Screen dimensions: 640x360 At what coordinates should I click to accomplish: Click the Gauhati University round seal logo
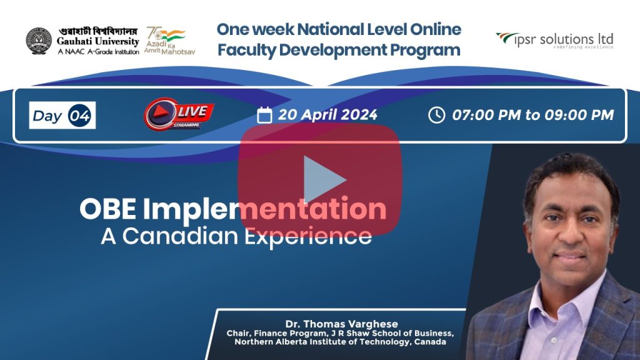pyautogui.click(x=39, y=41)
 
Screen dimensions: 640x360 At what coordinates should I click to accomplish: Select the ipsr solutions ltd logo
pyautogui.click(x=555, y=41)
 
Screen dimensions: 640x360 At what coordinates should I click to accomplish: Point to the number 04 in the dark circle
pyautogui.click(x=79, y=116)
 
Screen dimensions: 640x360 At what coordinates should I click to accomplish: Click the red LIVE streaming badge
pyautogui.click(x=178, y=114)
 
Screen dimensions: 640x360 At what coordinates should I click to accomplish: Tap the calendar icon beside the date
pyautogui.click(x=264, y=115)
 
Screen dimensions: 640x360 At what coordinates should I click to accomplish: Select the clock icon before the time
pyautogui.click(x=436, y=115)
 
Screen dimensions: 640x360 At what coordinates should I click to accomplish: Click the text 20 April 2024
pyautogui.click(x=327, y=115)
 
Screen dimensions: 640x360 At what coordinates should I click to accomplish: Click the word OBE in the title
pyautogui.click(x=107, y=209)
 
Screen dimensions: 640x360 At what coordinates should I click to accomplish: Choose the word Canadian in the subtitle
pyautogui.click(x=180, y=236)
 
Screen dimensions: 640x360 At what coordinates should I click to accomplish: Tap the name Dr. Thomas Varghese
pyautogui.click(x=342, y=324)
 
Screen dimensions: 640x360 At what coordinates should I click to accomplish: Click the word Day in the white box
pyautogui.click(x=47, y=116)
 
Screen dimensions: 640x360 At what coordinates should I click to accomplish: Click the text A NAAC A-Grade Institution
pyautogui.click(x=98, y=52)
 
